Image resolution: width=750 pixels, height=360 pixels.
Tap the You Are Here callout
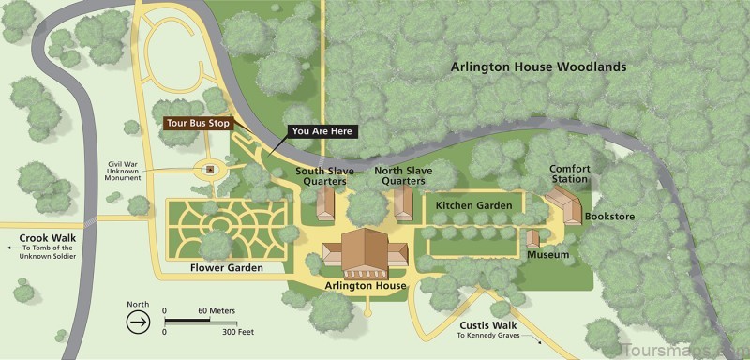(x=322, y=131)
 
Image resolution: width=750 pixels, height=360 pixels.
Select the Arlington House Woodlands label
(x=538, y=67)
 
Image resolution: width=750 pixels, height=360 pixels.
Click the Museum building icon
(x=532, y=238)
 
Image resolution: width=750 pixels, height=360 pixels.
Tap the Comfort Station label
(x=570, y=174)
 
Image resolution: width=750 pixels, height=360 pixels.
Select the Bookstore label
(x=609, y=217)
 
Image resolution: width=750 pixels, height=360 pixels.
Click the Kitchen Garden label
(x=473, y=204)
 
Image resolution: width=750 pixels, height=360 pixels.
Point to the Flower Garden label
(x=226, y=268)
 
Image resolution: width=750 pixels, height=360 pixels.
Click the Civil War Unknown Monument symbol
(x=210, y=170)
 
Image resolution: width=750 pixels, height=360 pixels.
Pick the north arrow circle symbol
(x=137, y=320)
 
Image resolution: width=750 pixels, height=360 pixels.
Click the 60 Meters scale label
(x=217, y=310)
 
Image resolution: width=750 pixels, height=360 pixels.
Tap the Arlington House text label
(x=365, y=286)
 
